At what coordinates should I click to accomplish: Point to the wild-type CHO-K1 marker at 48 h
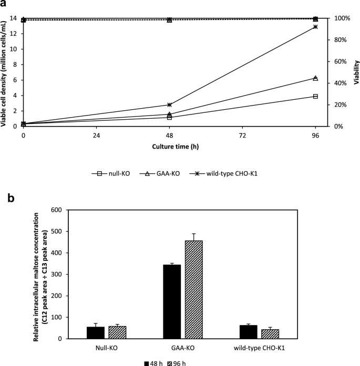(169, 104)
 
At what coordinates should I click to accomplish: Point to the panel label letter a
(4, 4)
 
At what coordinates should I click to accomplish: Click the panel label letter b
(4, 198)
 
